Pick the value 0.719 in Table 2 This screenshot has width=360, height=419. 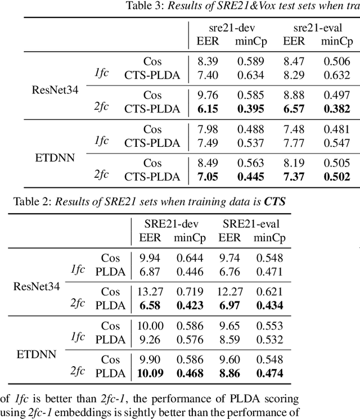point(190,291)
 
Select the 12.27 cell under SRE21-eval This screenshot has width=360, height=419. point(230,291)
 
